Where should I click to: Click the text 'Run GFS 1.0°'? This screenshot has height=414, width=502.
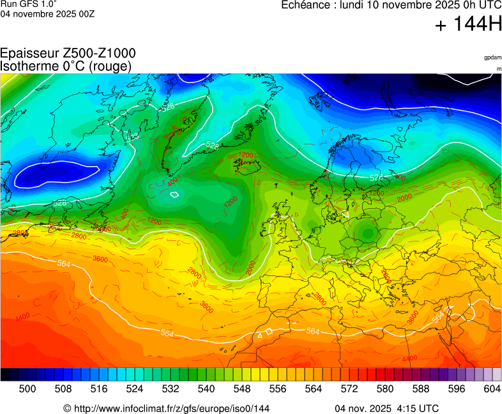pos(29,4)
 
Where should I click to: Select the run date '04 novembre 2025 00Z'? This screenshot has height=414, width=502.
pos(47,14)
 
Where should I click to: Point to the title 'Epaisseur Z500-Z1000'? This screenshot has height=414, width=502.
pos(68,54)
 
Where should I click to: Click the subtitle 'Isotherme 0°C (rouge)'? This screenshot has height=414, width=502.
pos(66,66)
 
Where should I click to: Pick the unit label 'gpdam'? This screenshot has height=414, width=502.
pos(492,57)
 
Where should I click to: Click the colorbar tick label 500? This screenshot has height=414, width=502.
pos(27,388)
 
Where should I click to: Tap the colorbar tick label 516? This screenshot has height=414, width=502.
pos(98,388)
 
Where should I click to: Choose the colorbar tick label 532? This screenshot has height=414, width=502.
pos(170,388)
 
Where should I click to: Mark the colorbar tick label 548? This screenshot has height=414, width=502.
pos(241,388)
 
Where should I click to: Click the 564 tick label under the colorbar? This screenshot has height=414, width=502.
pos(313,388)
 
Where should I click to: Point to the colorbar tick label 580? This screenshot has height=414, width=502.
pos(384,388)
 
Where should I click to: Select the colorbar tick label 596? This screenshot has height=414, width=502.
pos(456,388)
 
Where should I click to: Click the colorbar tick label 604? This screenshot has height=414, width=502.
pos(492,388)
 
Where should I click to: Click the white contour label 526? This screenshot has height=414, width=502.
pos(60,203)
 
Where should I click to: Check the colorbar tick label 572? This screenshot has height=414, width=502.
pos(349,388)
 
